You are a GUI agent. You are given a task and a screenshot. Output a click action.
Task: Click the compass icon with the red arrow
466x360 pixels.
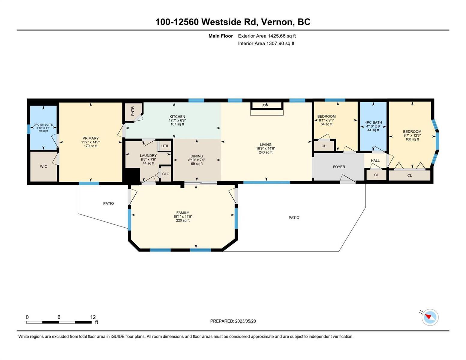coord(430,317)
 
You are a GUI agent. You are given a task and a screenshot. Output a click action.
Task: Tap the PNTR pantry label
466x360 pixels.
coord(133,111)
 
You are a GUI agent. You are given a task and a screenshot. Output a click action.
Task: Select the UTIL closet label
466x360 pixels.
coord(165,146)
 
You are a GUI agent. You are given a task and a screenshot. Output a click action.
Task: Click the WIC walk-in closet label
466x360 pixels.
coord(43,166)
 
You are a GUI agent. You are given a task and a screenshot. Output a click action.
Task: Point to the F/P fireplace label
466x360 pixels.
coord(265,106)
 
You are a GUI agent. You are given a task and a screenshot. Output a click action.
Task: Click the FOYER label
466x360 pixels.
coord(339,166)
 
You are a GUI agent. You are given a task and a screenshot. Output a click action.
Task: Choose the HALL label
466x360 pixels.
coord(375,160)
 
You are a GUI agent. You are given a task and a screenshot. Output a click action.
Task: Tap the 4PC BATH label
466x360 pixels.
coord(373,122)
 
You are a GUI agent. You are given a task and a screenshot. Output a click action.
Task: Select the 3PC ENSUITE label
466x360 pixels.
coord(43,124)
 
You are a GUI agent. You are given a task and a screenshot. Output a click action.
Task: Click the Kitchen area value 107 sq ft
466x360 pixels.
coord(177,124)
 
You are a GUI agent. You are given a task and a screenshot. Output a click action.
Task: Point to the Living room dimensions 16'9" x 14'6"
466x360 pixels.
coord(266,148)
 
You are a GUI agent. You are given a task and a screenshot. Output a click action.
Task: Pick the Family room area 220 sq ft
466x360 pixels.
coord(183,220)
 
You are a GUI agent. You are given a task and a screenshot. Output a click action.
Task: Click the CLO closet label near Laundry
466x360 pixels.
coord(166,174)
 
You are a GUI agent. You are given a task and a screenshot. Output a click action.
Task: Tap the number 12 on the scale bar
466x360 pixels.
coord(93,317)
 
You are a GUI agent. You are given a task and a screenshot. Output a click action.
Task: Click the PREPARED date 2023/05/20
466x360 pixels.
coord(245,321)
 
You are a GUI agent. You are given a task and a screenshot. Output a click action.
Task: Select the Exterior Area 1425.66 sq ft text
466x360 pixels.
coord(267,36)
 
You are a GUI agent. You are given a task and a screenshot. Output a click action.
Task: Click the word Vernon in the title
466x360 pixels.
coord(278,22)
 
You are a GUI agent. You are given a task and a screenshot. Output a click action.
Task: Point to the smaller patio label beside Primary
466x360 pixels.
coord(109,203)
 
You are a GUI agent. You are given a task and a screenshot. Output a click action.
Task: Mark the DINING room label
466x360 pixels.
coord(197,156)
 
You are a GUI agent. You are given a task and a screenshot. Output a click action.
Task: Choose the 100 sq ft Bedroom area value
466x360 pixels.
coord(412,139)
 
